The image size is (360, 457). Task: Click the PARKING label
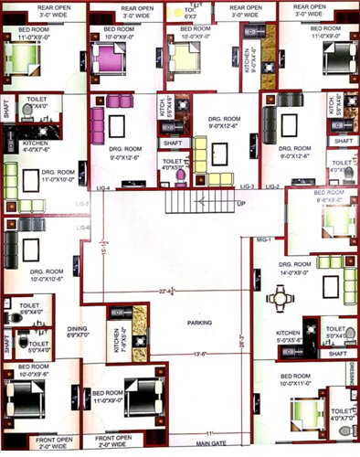[175, 322]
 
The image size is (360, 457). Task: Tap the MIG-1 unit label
[263, 240]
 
